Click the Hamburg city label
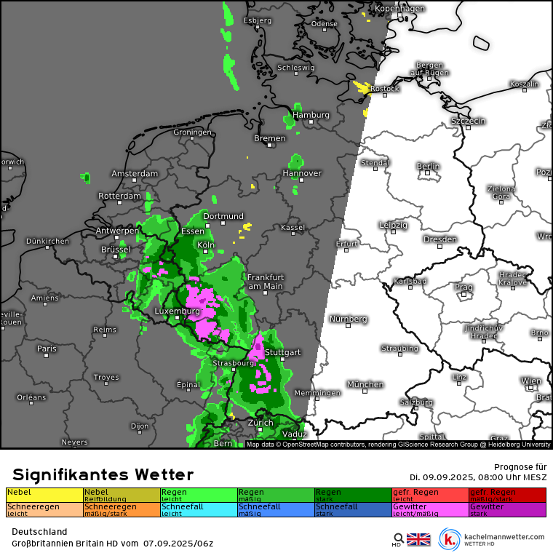click(311, 115)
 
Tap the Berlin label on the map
click(428, 166)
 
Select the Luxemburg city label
click(177, 311)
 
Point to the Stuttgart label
click(282, 352)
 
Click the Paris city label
click(47, 349)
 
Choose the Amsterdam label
click(135, 174)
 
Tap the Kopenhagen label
click(399, 9)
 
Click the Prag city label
click(464, 287)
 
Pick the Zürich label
click(260, 423)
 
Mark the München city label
click(365, 384)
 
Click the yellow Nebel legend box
click(44, 495)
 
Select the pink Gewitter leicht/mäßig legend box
click(430, 509)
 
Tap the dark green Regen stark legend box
click(353, 495)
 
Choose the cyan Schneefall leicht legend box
click(199, 509)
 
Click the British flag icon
click(418, 539)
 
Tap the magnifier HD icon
click(398, 539)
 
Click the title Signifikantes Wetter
click(103, 475)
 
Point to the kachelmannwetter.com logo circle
click(450, 539)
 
